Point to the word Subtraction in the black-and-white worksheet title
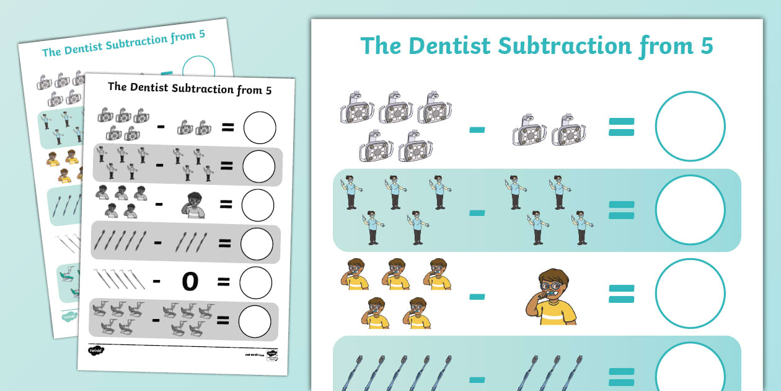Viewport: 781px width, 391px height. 195,88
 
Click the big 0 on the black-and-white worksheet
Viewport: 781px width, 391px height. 190,281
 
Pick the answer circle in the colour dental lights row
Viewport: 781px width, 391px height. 690,127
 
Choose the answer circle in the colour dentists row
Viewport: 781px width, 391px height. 690,210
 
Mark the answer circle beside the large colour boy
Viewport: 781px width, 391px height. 690,294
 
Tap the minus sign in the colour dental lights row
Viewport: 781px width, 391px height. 477,129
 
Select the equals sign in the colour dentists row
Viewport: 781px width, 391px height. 621,210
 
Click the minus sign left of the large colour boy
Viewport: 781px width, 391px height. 477,297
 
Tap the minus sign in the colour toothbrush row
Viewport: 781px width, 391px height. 477,379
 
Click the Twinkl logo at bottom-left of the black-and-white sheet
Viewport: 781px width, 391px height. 96,351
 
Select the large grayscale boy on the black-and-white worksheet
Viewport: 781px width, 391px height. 193,204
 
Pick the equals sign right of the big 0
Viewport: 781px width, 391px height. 224,282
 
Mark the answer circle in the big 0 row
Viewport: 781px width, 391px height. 256,283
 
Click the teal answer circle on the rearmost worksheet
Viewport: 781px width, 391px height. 199,70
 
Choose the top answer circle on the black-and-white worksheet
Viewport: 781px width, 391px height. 260,127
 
